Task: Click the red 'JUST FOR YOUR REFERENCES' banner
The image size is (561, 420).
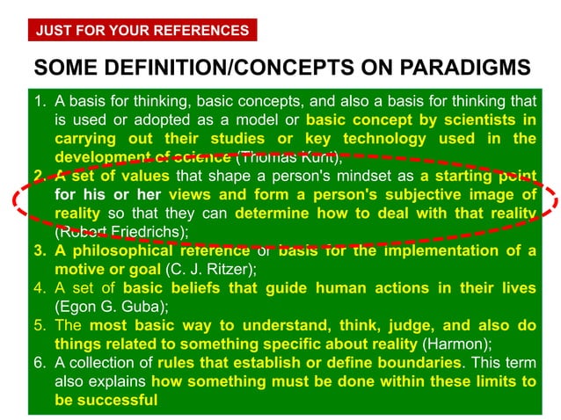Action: (x=142, y=31)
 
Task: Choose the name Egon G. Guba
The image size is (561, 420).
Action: (x=106, y=307)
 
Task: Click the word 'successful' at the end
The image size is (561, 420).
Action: (x=116, y=400)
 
